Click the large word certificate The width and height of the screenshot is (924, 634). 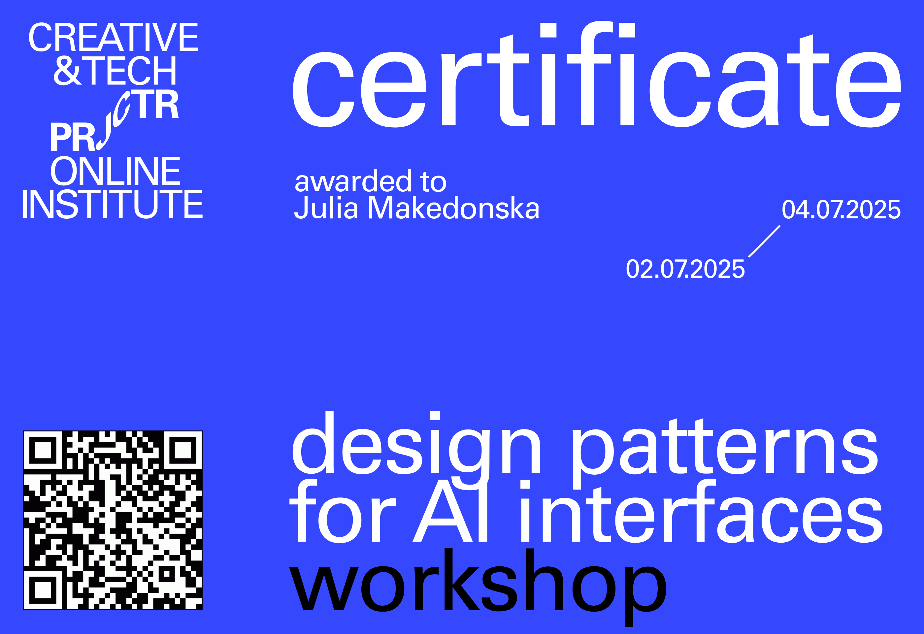tap(596, 79)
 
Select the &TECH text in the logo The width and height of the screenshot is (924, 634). tap(115, 70)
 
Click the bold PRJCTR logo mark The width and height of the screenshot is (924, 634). tap(115, 121)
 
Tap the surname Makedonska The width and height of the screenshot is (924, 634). tap(453, 207)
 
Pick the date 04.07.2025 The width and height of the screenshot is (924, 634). tap(841, 209)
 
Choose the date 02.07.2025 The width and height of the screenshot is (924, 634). tap(685, 269)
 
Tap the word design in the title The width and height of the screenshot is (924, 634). tap(415, 447)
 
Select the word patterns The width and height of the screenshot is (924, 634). tap(724, 451)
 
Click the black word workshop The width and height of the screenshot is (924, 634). tap(477, 582)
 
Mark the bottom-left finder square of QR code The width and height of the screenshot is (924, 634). tap(43, 590)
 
